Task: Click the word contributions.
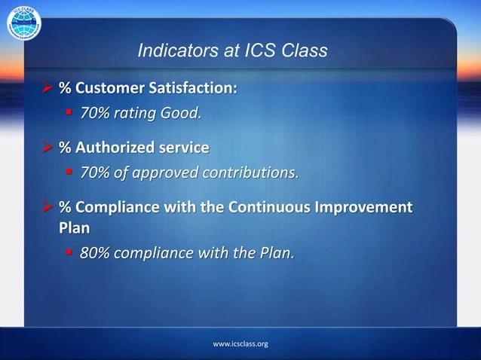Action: pos(246,172)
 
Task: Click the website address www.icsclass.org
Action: pos(240,343)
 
